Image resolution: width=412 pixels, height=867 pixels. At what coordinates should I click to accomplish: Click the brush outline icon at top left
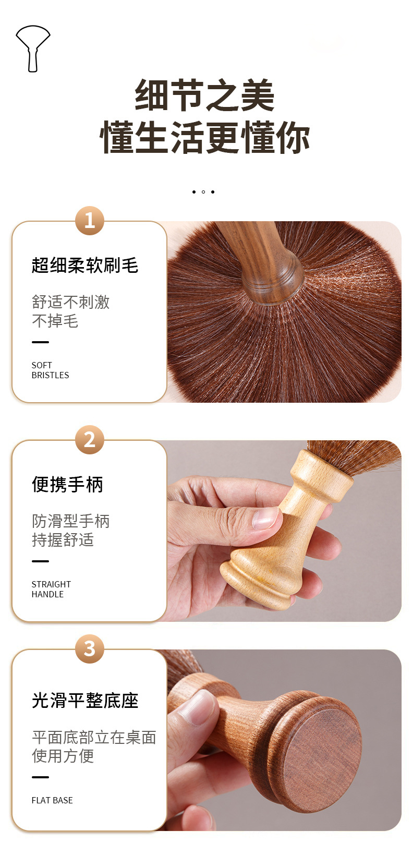pyautogui.click(x=33, y=49)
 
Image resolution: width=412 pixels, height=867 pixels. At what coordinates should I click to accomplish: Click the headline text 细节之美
pyautogui.click(x=205, y=95)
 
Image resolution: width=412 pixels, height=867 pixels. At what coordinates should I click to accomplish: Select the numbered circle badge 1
pyautogui.click(x=90, y=221)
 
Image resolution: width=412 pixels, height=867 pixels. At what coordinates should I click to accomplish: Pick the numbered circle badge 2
pyautogui.click(x=90, y=440)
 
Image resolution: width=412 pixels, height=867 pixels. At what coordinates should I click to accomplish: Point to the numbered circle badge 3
pyautogui.click(x=90, y=649)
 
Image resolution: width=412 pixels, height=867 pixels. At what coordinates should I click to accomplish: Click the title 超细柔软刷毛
pyautogui.click(x=85, y=266)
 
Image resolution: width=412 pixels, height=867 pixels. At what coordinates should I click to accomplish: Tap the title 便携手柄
pyautogui.click(x=67, y=485)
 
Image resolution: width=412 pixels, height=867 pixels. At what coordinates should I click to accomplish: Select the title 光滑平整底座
pyautogui.click(x=85, y=701)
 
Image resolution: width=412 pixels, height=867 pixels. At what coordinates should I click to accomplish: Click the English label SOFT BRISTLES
pyautogui.click(x=50, y=370)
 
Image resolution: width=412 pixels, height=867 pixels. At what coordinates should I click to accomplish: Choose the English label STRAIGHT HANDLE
pyautogui.click(x=52, y=589)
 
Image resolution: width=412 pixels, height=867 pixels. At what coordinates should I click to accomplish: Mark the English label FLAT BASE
pyautogui.click(x=52, y=800)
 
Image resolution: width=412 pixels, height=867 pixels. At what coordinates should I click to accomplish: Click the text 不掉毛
pyautogui.click(x=55, y=321)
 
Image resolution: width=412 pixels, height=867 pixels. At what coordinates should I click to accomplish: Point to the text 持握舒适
pyautogui.click(x=63, y=540)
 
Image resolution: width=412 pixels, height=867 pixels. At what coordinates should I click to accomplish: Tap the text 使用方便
pyautogui.click(x=63, y=756)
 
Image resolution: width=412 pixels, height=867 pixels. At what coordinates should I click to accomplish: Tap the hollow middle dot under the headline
pyautogui.click(x=203, y=192)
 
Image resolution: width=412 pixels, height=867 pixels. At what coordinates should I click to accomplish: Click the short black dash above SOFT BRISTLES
pyautogui.click(x=40, y=342)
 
